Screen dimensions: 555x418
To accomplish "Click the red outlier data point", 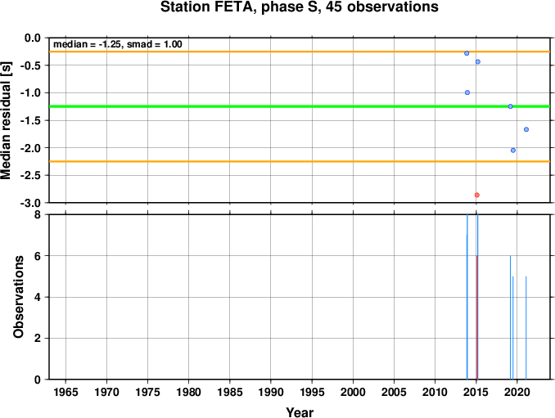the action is point(476,195).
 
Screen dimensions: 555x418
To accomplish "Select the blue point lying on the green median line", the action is point(510,106).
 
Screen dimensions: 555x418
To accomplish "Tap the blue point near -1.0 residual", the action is point(467,92).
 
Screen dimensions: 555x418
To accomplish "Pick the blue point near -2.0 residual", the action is point(513,151).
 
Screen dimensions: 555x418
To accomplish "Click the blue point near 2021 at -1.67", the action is point(526,129).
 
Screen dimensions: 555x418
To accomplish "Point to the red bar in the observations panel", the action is point(476,317).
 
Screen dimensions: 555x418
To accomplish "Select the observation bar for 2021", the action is point(526,327).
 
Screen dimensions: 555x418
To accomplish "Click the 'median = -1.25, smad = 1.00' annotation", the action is point(118,44).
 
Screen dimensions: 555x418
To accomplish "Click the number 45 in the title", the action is point(334,7).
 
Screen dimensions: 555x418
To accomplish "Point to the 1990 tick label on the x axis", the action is point(271,392).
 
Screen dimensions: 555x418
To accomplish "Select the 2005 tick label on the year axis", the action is point(394,392).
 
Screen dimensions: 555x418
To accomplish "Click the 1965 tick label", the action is point(65,392).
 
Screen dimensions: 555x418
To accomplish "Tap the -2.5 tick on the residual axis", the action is point(30,175).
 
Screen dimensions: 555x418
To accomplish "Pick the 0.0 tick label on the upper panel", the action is point(33,38).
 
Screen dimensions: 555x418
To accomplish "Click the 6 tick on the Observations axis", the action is point(38,256).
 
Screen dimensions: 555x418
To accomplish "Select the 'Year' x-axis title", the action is point(300,412).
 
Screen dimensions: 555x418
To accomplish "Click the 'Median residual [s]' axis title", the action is point(6,120).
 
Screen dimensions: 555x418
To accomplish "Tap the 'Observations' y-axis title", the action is point(18,297).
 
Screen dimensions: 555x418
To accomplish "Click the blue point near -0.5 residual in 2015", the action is point(477,61).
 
